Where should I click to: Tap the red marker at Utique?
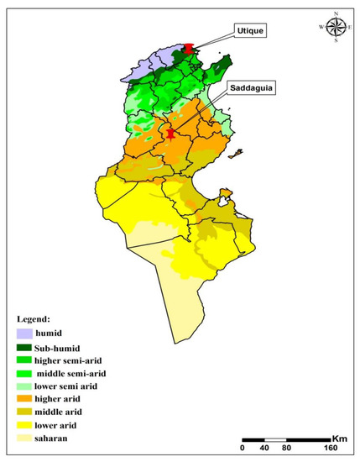click(190, 50)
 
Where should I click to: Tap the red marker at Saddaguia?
click(171, 133)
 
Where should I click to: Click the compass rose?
click(336, 27)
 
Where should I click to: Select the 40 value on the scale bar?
click(265, 449)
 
